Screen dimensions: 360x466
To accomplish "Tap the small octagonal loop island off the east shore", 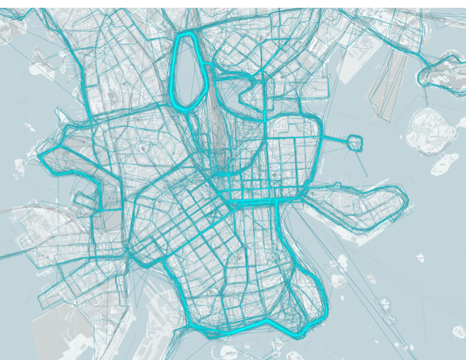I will (356, 142).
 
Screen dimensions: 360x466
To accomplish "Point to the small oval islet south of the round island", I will (444, 164).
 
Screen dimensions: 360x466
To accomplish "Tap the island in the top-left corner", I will (11, 29).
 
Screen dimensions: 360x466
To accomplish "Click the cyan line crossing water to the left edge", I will (14, 255).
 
